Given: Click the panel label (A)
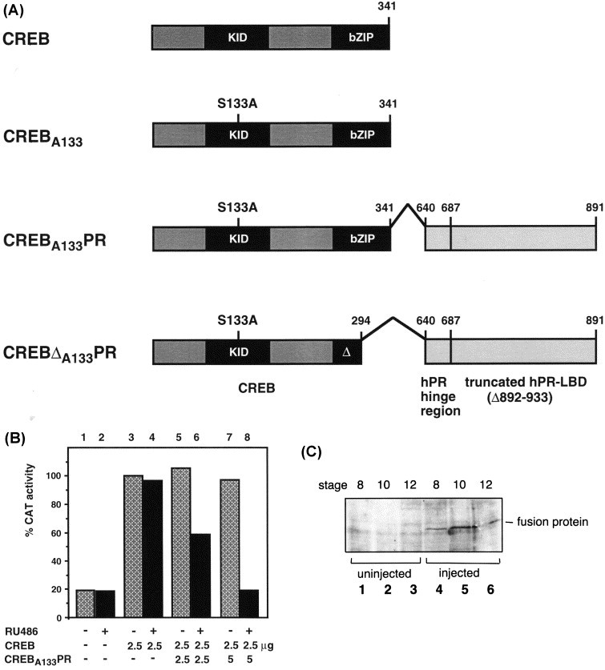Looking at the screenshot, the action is click(x=13, y=10).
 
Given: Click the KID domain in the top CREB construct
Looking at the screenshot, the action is click(x=236, y=38).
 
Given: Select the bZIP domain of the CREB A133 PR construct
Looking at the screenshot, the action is click(x=361, y=239).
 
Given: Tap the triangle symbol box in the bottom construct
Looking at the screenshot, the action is click(x=347, y=352).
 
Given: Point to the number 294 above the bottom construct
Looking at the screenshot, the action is click(x=361, y=320).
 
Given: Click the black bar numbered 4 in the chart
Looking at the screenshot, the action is click(x=153, y=548).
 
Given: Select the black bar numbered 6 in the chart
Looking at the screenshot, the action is click(x=200, y=576).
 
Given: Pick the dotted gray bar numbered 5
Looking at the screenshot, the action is click(x=181, y=543).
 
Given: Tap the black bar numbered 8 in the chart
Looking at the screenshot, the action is click(x=248, y=604).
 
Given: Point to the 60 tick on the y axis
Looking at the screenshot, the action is click(x=56, y=533).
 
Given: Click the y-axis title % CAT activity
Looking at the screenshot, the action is click(x=30, y=500).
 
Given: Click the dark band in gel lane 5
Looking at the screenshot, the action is click(x=463, y=530).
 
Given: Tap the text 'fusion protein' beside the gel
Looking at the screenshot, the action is click(x=552, y=522).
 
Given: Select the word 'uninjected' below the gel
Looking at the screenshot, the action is click(x=384, y=573).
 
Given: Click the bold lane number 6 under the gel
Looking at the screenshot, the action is click(x=490, y=590).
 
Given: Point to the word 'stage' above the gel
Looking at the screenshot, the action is click(x=333, y=485).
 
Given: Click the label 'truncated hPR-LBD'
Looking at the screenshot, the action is click(x=526, y=382).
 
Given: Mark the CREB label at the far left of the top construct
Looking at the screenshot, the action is click(x=26, y=39).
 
